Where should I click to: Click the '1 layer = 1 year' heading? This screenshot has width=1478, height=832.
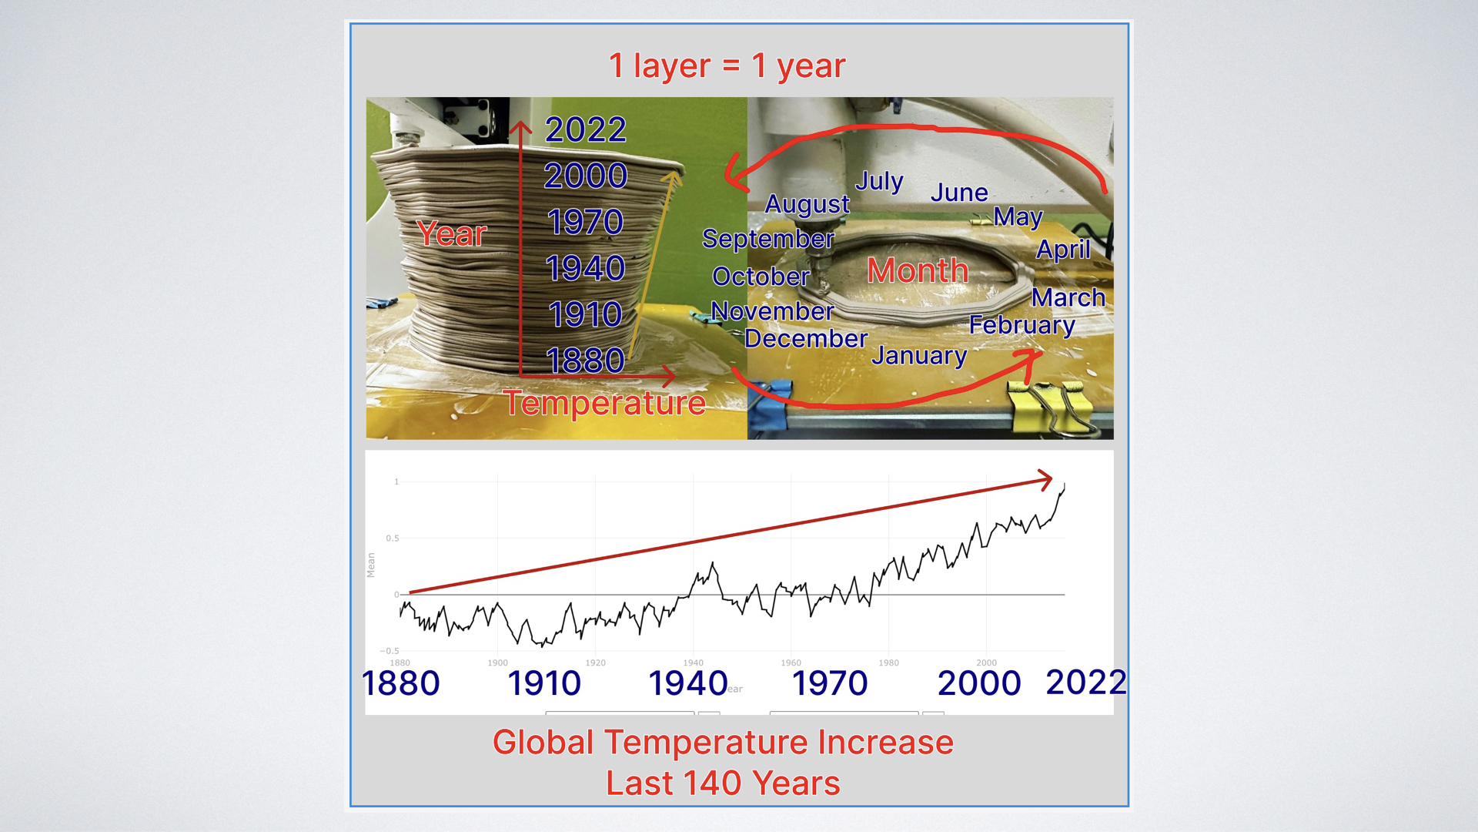pos(727,66)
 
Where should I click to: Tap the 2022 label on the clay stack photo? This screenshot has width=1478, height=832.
pos(585,129)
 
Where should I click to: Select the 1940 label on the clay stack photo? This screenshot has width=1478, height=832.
pos(585,268)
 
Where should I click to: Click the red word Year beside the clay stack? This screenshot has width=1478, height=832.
pos(452,234)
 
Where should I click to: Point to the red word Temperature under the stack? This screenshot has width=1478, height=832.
pos(604,403)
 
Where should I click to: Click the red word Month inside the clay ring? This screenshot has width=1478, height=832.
pos(918,270)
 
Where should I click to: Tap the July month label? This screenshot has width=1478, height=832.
pos(879,182)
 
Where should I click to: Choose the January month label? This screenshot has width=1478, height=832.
pos(919,355)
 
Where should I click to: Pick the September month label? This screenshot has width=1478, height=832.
pos(767,239)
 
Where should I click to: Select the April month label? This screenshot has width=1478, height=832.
pos(1063,250)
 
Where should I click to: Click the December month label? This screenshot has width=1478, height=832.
pos(806,338)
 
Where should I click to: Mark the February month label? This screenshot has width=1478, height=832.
pos(1022,325)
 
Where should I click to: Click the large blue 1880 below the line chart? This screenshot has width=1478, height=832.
pos(400,683)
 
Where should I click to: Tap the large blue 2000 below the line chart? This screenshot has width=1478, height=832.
pos(978,683)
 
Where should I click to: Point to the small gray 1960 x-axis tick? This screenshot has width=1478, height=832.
pos(791,663)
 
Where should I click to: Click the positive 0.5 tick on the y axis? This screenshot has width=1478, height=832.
pos(393,538)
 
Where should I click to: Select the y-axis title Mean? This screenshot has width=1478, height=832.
pos(371,565)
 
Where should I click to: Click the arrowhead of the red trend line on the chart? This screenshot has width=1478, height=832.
pos(1046,480)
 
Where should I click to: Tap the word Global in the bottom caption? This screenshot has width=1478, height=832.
pos(543,743)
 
